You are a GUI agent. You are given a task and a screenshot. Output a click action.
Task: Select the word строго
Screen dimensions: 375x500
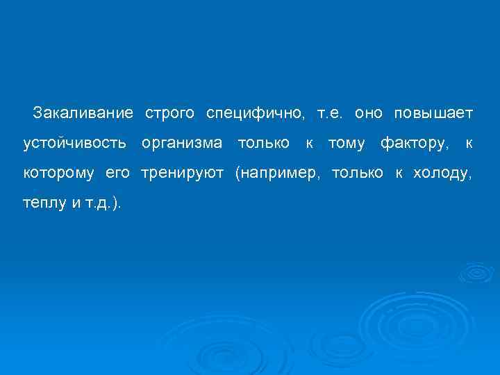coord(169,112)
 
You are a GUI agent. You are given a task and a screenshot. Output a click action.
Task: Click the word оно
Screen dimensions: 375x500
coord(368,112)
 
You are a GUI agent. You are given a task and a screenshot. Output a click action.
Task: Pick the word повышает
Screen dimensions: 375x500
coord(433,112)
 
